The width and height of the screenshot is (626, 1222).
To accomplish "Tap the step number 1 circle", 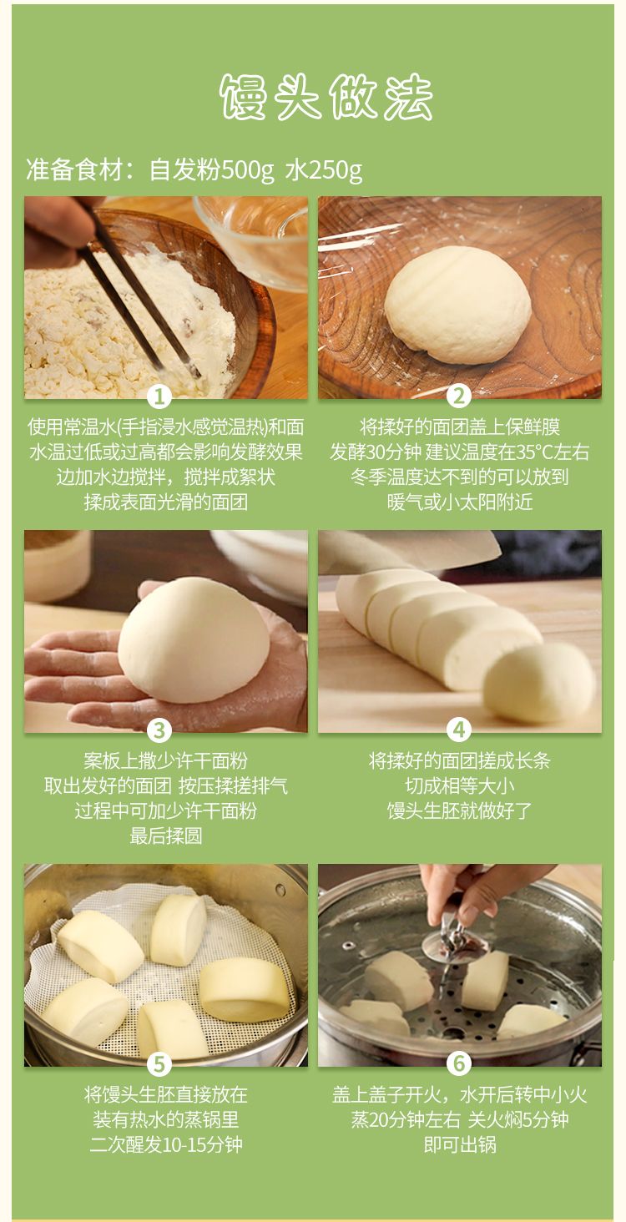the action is click(159, 396).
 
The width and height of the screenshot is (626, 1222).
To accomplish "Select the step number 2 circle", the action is click(458, 396).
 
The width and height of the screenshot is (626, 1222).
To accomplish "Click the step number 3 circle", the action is click(159, 730).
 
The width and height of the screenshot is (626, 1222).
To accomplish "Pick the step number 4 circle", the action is click(458, 730).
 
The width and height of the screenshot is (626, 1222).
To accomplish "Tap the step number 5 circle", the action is click(159, 1064).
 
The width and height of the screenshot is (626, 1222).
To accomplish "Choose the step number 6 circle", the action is click(458, 1064).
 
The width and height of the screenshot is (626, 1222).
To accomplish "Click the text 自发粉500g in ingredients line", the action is click(211, 170).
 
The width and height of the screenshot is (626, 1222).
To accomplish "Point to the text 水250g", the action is click(323, 170).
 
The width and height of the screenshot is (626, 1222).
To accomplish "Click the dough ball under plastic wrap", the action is click(457, 305).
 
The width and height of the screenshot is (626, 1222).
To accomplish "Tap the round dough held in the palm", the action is click(194, 640).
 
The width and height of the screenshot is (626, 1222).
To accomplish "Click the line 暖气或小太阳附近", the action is click(459, 502).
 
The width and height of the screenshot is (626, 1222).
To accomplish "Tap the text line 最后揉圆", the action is click(166, 836).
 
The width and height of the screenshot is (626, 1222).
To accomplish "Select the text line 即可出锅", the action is click(460, 1144).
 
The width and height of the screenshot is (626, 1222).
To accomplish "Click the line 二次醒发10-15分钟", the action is click(166, 1144).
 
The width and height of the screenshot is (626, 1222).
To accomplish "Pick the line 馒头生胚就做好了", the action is click(459, 810).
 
